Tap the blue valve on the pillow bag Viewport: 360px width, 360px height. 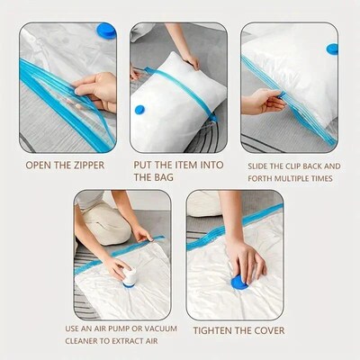click(139, 110)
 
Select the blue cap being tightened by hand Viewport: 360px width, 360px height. click(239, 282)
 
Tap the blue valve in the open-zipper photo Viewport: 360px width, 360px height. click(106, 30)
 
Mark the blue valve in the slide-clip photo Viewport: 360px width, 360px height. click(332, 49)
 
